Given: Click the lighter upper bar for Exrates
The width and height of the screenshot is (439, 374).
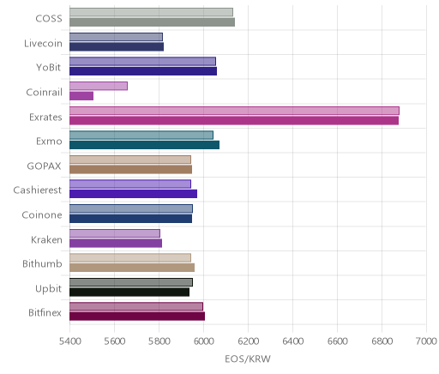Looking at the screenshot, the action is [x=234, y=111].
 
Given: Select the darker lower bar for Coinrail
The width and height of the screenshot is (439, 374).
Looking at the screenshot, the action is [x=81, y=96].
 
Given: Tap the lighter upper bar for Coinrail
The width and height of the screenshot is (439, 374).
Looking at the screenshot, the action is [x=99, y=86].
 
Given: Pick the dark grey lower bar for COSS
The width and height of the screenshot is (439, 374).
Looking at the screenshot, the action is [x=152, y=22].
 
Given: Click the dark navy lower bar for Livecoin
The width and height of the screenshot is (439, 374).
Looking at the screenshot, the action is [x=117, y=47].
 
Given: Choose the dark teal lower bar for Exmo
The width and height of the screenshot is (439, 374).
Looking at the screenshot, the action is [x=144, y=145].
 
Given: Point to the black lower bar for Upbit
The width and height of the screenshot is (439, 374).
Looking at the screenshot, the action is [x=129, y=292].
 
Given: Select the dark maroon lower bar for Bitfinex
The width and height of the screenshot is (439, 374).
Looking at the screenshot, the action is [x=137, y=317].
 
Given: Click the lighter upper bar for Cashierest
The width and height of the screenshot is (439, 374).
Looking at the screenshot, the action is [x=130, y=184].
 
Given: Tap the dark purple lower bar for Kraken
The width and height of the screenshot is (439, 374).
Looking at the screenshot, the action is [x=116, y=243].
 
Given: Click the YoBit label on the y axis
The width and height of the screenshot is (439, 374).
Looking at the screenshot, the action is [x=49, y=68].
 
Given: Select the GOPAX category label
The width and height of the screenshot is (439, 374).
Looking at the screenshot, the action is [x=44, y=166].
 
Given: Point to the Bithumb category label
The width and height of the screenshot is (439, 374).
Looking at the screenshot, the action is [x=42, y=263].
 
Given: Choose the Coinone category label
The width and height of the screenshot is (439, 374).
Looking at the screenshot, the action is [x=42, y=214].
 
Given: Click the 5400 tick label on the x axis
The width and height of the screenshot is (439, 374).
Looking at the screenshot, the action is [x=69, y=341].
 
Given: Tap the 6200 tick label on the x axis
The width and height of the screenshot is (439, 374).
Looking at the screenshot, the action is [x=248, y=341].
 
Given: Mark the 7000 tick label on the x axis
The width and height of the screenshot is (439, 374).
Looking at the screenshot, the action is [x=426, y=341].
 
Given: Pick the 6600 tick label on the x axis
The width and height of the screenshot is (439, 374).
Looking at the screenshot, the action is [x=337, y=341].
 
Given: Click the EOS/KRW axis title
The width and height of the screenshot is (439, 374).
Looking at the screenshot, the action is [x=248, y=359].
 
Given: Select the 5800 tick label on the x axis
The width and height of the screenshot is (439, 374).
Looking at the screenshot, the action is [x=159, y=341].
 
